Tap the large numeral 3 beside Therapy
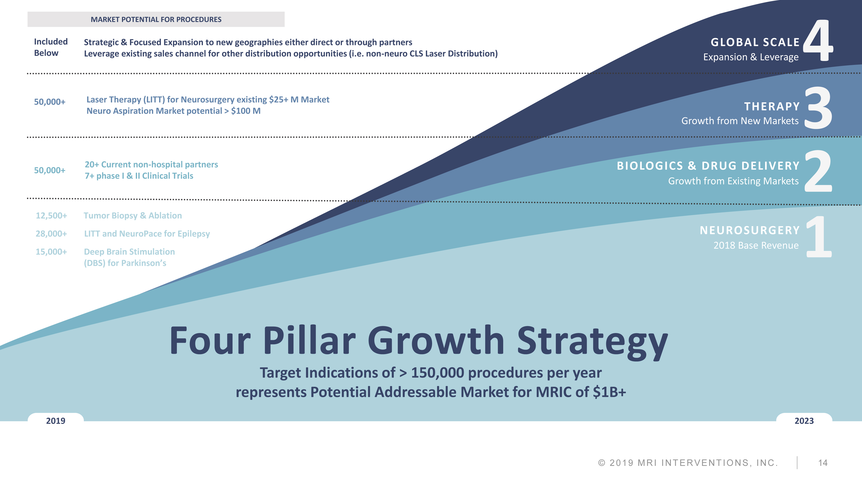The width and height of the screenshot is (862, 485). click(x=818, y=108)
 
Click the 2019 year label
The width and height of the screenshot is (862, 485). click(x=56, y=421)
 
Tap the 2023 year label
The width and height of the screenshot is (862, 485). click(x=804, y=421)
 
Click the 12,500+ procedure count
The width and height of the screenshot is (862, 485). click(x=51, y=216)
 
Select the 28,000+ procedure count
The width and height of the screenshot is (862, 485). click(x=51, y=234)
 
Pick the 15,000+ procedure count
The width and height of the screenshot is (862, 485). click(x=51, y=252)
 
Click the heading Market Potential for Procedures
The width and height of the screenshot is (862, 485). click(x=156, y=19)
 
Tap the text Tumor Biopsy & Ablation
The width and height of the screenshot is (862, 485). click(x=133, y=216)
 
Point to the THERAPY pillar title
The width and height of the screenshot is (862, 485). click(x=772, y=106)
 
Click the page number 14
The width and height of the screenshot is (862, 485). click(x=823, y=463)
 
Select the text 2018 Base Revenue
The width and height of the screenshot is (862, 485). click(x=756, y=245)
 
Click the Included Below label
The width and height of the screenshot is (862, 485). click(x=51, y=47)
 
